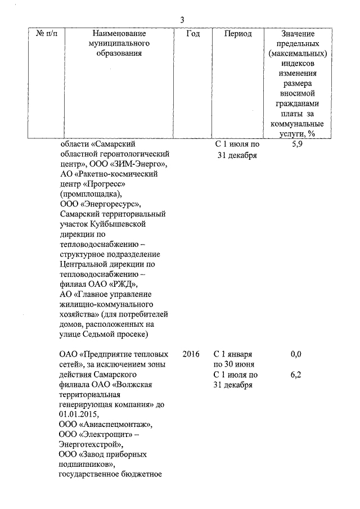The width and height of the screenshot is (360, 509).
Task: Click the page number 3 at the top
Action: click(182, 20)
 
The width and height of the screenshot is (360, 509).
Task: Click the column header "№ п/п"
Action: click(49, 34)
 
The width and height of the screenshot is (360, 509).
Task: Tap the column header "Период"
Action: click(238, 34)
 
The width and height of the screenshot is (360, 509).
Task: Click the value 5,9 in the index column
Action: click(297, 145)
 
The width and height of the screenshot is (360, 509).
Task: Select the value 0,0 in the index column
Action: click(296, 354)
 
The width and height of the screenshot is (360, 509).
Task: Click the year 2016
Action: click(192, 354)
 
